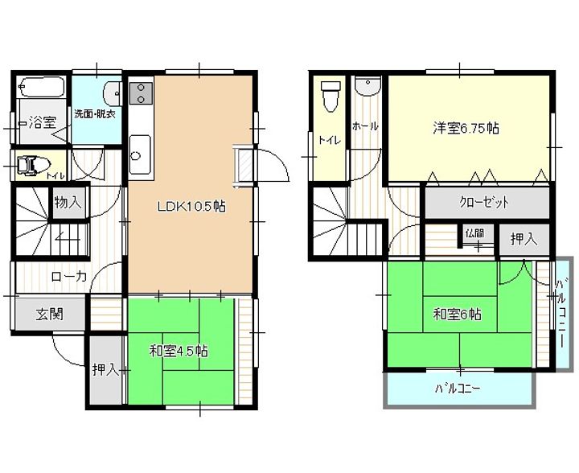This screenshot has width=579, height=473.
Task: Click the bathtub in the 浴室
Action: click(41, 87)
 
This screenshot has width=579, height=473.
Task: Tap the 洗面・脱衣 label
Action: click(95, 113)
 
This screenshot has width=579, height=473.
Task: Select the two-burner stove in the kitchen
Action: click(141, 93)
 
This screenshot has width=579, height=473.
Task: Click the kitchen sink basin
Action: click(140, 154)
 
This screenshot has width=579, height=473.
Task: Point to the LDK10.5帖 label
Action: click(191, 207)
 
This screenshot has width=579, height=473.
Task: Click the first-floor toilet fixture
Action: click(34, 165)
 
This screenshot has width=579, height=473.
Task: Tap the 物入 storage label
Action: click(68, 203)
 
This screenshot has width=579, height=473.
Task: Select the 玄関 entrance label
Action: click(50, 315)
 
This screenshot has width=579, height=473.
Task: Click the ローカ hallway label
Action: click(69, 277)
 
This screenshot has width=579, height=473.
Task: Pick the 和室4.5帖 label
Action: click(179, 351)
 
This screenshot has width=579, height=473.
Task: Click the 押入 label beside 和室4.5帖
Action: click(106, 369)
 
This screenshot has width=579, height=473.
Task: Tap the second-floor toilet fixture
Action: click(330, 96)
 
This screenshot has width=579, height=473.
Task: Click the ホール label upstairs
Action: click(365, 126)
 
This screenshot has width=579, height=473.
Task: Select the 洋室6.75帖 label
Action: click(466, 128)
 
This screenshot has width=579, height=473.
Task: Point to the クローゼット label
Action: click(484, 203)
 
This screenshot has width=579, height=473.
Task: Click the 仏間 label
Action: click(474, 233)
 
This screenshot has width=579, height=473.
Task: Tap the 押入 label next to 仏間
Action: click(524, 240)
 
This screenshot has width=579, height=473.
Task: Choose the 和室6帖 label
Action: click(457, 315)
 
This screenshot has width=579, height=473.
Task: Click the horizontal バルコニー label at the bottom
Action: click(457, 389)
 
